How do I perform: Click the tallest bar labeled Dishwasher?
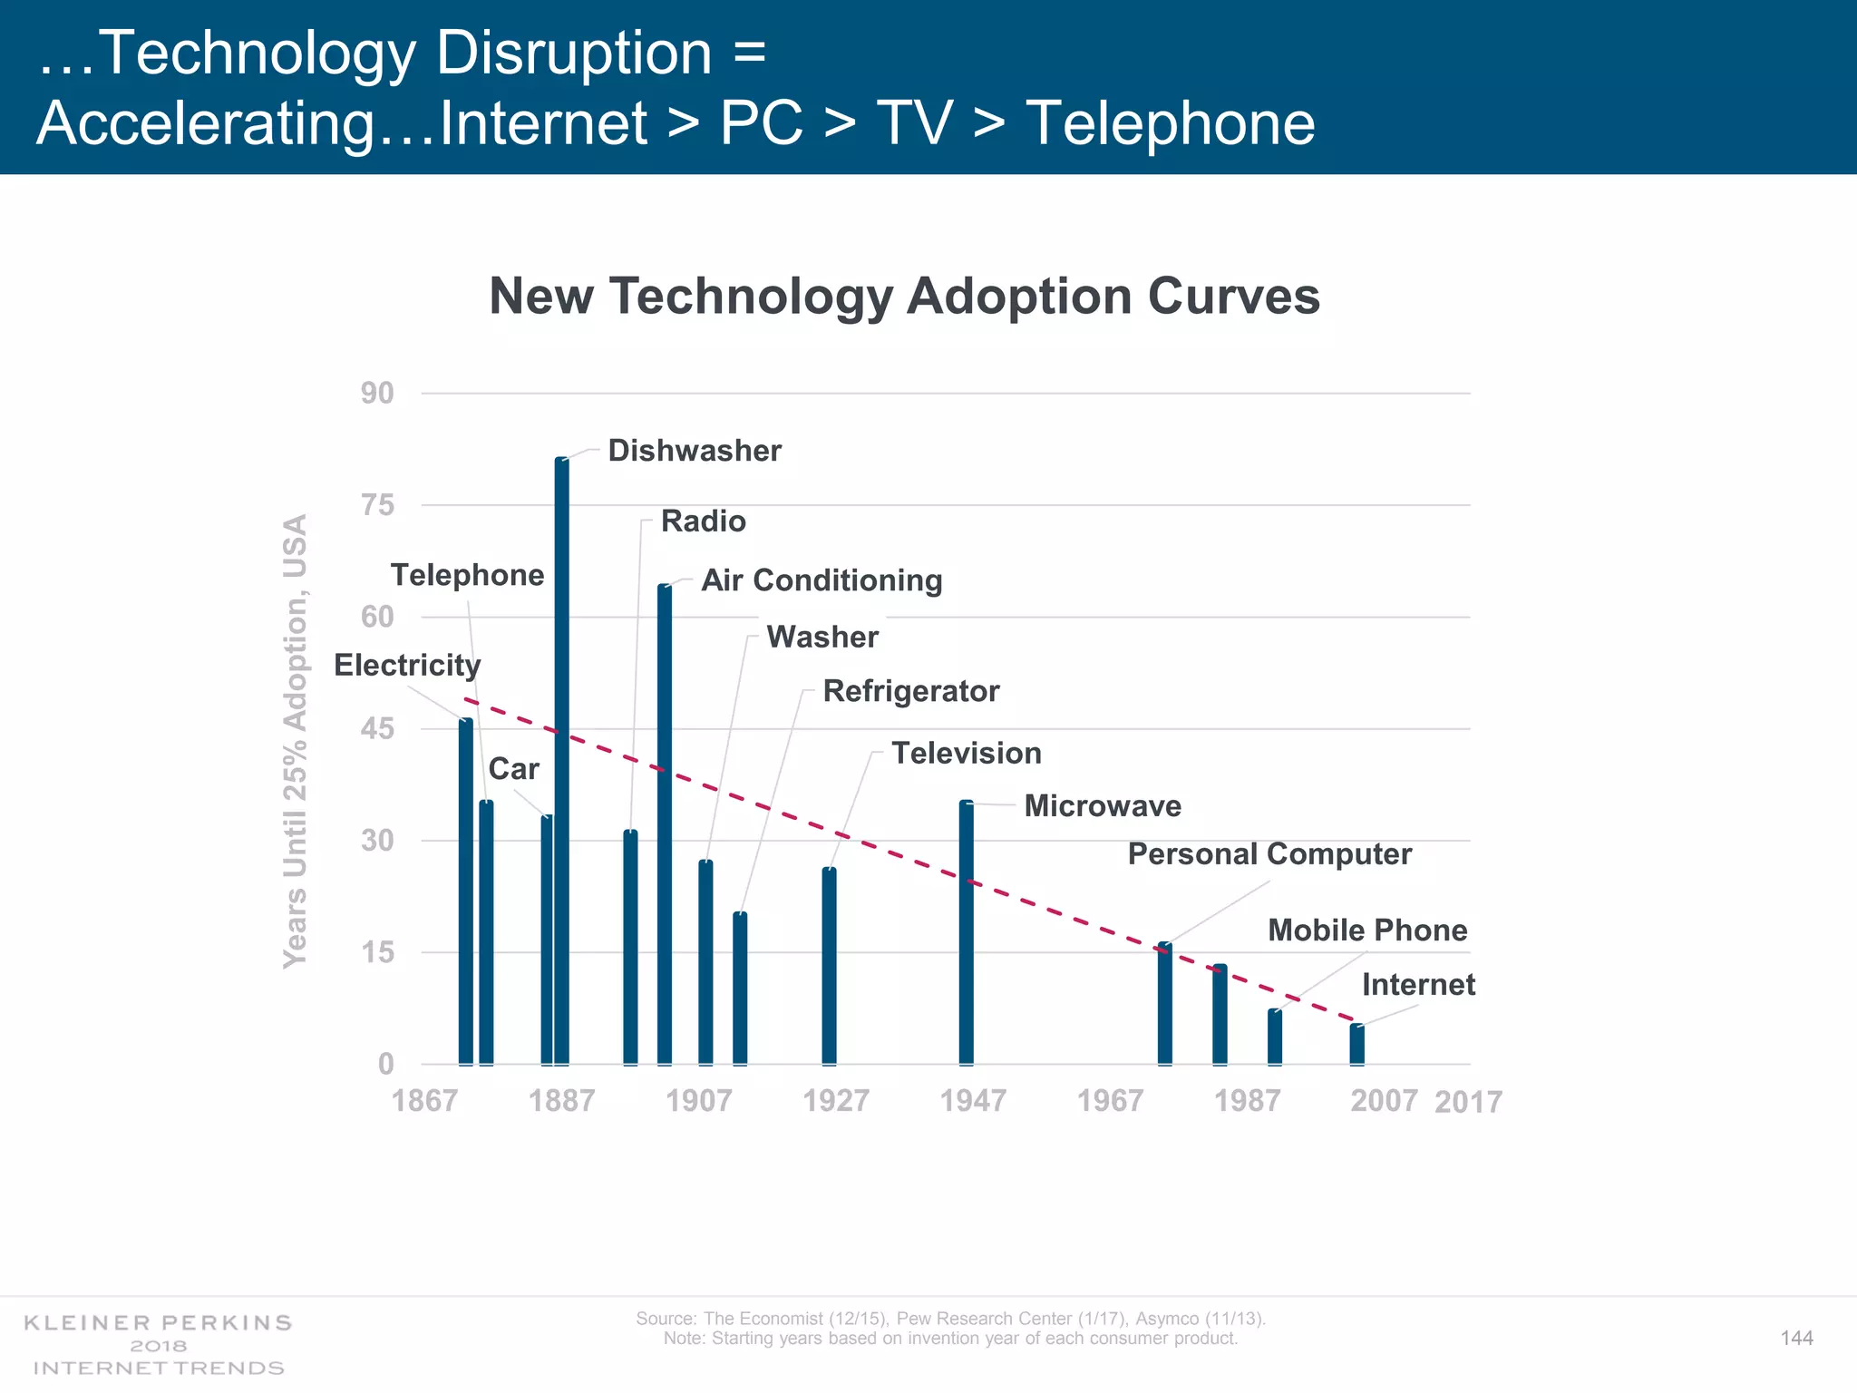click(562, 762)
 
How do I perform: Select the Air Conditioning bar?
click(665, 825)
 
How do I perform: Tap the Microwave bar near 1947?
click(967, 934)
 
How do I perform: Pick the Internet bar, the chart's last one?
click(1356, 1045)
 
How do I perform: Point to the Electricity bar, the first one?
click(466, 893)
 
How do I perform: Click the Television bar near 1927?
click(830, 967)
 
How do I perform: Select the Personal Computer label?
click(1269, 854)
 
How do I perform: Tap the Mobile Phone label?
click(1367, 930)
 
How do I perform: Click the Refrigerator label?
click(911, 692)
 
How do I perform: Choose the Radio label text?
click(704, 521)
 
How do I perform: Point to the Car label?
click(514, 770)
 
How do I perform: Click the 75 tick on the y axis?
click(378, 505)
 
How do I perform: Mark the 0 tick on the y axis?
click(386, 1065)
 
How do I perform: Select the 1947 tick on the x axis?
click(973, 1101)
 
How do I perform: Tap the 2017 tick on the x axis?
click(1468, 1103)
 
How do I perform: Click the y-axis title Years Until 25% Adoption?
click(296, 742)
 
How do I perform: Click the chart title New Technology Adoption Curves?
click(904, 297)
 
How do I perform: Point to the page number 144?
click(1796, 1339)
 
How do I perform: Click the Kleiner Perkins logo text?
click(159, 1323)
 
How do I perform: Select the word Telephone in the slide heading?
click(1170, 123)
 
